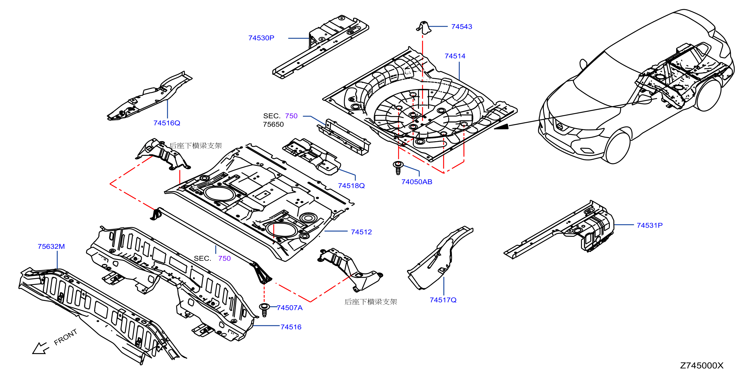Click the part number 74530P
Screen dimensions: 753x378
point(261,38)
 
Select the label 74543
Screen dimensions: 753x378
point(462,27)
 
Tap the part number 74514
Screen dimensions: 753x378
point(455,56)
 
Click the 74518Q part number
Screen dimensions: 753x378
point(351,186)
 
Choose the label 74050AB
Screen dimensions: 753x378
point(417,182)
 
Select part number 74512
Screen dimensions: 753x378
point(361,232)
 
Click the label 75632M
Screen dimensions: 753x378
point(51,247)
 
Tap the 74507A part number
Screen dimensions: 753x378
point(289,308)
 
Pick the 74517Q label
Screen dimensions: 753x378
point(443,300)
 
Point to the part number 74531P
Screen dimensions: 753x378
point(650,225)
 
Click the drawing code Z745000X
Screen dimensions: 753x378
point(702,366)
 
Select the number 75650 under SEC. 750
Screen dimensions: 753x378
point(273,125)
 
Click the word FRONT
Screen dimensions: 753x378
point(66,337)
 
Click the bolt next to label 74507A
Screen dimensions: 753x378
point(264,310)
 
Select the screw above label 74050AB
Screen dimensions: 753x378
point(398,168)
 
